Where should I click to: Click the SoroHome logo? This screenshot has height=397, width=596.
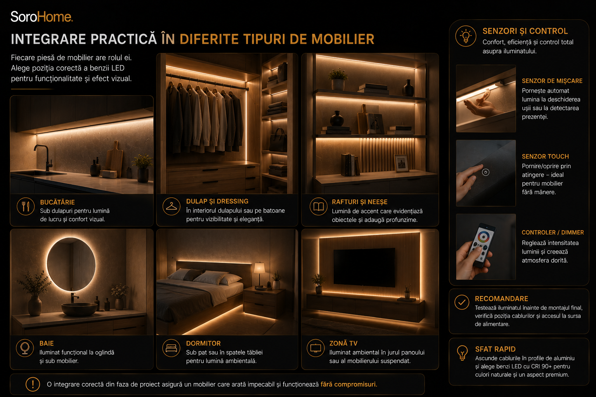pos(42,17)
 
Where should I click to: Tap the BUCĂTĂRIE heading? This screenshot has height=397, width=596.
pos(57,202)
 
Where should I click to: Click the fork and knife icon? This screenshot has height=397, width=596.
pos(26,206)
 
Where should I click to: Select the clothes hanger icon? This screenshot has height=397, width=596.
pos(172,206)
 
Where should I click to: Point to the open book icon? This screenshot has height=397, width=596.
pos(319,206)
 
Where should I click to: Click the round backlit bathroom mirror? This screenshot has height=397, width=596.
pos(71,264)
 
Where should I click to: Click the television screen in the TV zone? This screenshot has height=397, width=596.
pos(364,268)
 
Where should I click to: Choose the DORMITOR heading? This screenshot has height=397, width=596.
pos(203,343)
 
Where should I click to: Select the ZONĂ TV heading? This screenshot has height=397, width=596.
pos(343,343)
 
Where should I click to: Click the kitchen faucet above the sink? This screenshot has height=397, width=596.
pos(43,157)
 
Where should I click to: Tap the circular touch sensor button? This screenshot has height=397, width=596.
pos(485,172)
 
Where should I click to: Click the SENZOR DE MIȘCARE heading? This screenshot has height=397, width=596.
pos(552,81)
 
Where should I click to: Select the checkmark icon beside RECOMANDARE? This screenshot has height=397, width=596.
pos(462,302)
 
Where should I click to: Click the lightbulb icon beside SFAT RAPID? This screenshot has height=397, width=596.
pos(462,353)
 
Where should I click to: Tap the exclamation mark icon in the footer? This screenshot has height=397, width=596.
pos(33,384)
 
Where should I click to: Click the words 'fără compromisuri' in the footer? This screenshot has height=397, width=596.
pos(349,384)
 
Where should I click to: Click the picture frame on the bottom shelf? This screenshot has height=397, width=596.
pos(401,163)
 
